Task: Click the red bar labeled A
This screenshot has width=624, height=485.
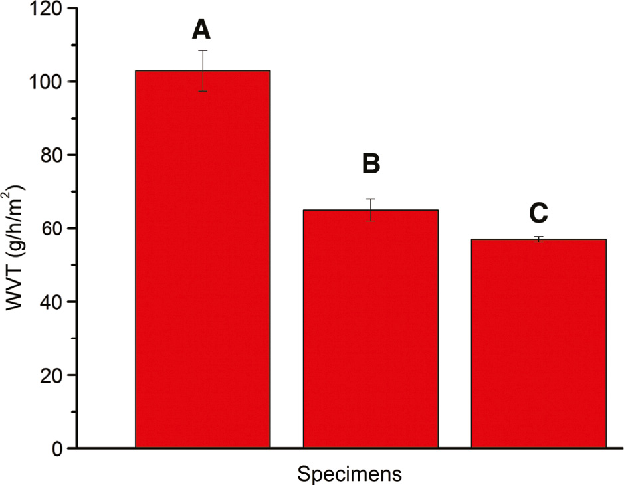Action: (x=203, y=259)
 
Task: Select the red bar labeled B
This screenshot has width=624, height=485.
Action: (x=371, y=329)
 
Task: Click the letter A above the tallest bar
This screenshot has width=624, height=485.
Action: (x=203, y=29)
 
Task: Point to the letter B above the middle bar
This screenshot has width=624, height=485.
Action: (x=371, y=165)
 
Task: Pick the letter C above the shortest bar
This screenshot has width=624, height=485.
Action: (x=538, y=213)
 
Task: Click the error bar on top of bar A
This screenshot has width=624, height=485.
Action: (x=203, y=70)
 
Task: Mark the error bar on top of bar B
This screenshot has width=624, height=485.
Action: (x=371, y=209)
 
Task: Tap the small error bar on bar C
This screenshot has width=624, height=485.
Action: (x=539, y=239)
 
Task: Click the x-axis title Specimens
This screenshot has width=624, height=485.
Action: (x=350, y=474)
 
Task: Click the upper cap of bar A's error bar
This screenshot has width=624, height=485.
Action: (x=203, y=50)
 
